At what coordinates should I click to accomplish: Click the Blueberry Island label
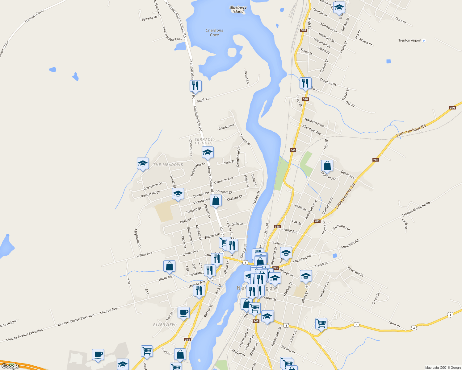238,10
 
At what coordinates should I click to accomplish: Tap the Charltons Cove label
214,32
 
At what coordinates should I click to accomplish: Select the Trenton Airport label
410,40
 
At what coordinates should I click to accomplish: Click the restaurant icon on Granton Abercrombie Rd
195,86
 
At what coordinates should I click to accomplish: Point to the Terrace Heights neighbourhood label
204,141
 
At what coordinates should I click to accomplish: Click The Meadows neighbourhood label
168,165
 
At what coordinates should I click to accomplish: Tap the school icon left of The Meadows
143,163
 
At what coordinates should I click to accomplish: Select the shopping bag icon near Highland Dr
327,166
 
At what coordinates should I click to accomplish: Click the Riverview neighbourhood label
164,325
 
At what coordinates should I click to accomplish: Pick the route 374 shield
187,339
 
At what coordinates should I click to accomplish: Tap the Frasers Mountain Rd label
416,209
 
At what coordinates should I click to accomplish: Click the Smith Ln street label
203,100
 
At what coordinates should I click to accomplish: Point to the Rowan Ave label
226,127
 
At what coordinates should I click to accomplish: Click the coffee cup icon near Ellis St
183,313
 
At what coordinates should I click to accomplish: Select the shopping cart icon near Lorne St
321,324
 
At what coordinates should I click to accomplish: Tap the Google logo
10,366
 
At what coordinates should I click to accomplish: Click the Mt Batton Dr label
342,228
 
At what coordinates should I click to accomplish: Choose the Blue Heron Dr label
152,186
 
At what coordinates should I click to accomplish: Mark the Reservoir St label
355,271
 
